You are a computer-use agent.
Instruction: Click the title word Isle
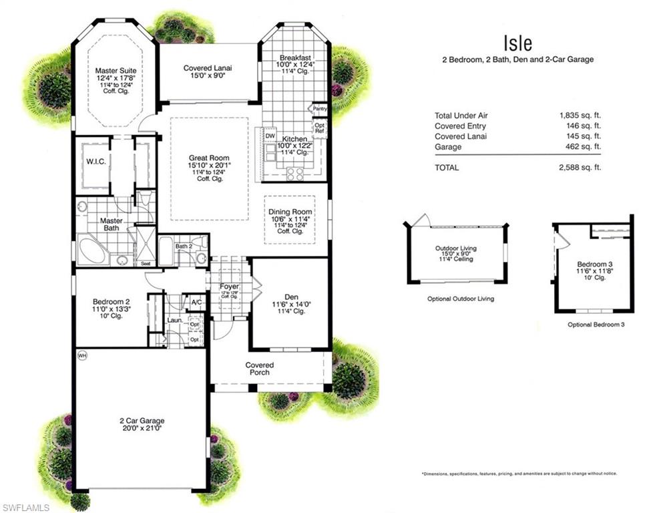coord(517,43)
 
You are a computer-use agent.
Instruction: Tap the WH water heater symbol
coord(83,355)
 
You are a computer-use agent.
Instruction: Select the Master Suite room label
coord(116,70)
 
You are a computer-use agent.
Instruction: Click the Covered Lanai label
coord(208,68)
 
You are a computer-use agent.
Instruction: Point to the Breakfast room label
coord(294,57)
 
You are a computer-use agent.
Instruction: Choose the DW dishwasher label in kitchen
coord(270,136)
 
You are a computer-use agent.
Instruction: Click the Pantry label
coord(320,108)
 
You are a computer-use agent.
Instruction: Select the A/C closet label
coord(196,302)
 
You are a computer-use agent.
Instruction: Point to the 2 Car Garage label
coord(142,421)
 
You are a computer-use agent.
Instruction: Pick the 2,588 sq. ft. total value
coord(580,168)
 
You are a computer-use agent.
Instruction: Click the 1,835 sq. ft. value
coord(580,116)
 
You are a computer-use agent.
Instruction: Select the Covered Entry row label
coord(460,126)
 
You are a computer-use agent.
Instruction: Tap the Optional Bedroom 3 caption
coord(595,325)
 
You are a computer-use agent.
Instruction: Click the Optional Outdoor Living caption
coord(461,299)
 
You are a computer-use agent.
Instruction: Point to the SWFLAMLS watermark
coord(25,508)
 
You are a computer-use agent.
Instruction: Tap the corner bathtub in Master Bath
coord(91,250)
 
